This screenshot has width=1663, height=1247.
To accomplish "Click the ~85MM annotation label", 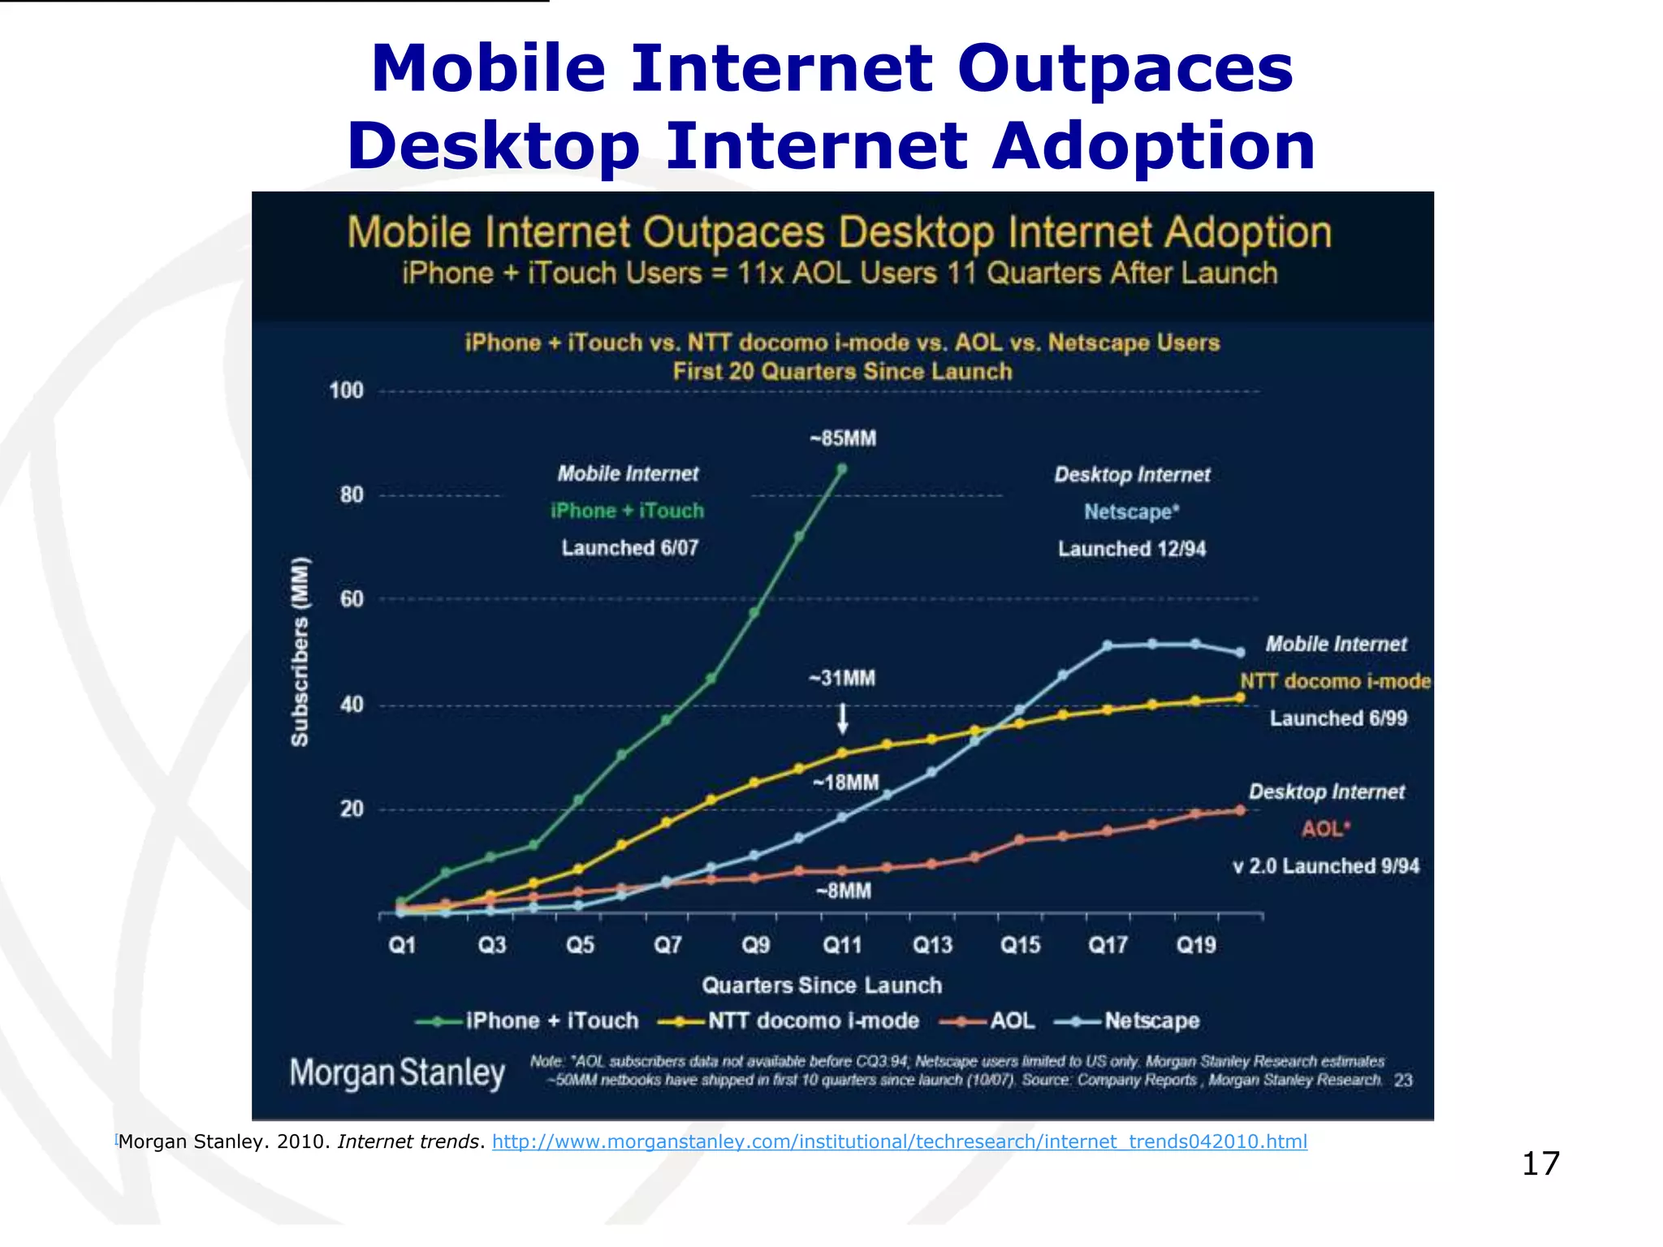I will click(843, 439).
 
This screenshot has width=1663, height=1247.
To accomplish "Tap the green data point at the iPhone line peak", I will click(842, 469).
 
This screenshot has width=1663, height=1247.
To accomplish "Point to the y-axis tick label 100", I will click(346, 390).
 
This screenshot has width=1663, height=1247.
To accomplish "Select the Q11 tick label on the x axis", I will click(842, 945).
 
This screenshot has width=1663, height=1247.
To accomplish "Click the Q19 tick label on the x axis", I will click(1196, 945).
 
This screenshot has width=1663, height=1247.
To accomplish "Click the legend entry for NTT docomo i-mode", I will click(788, 1020).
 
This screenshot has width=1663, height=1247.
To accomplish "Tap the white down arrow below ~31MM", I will click(843, 718).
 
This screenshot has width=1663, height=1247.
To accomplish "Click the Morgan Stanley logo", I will click(397, 1072).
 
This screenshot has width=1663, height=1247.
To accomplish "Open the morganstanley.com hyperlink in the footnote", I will click(899, 1141).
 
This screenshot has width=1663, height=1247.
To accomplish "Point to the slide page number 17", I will click(1540, 1163).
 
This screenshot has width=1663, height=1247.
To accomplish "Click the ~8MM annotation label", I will click(843, 891).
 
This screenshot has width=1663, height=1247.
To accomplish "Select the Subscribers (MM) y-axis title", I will click(300, 651).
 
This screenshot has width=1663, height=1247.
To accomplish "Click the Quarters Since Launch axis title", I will click(822, 986).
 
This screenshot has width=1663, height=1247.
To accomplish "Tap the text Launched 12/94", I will click(1131, 550).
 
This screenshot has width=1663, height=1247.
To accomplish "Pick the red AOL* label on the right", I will click(1325, 829).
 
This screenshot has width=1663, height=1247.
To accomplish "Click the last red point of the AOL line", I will click(1240, 810).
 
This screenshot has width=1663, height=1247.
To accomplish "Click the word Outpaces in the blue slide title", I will click(1125, 68).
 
